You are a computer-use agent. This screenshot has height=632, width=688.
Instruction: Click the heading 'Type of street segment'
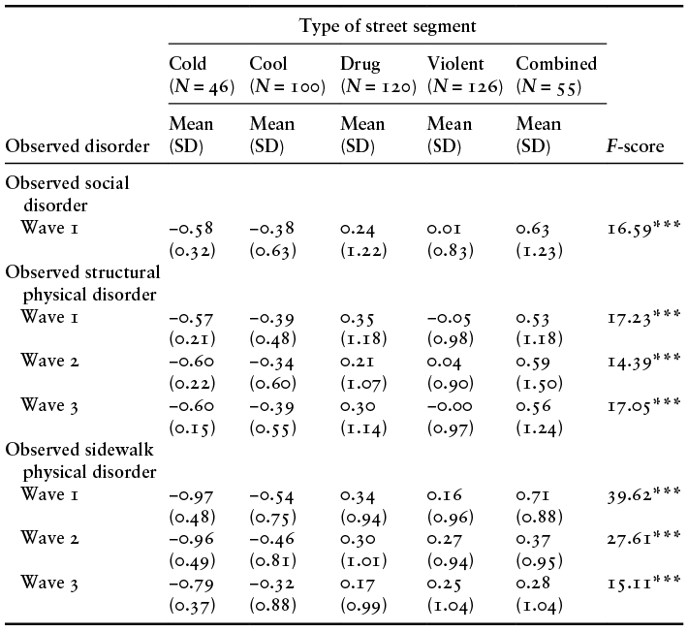(x=388, y=26)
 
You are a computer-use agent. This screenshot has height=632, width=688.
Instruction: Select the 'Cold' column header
(x=187, y=64)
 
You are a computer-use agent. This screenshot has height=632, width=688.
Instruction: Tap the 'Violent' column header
(x=455, y=64)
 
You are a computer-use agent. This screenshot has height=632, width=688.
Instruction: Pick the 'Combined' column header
(x=556, y=64)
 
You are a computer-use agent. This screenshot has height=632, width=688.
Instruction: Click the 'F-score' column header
(x=636, y=145)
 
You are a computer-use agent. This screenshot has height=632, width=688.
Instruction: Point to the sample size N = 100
(x=288, y=86)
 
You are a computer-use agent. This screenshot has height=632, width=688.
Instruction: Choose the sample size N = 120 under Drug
(x=378, y=86)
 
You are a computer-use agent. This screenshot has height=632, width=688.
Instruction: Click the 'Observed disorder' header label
(x=78, y=145)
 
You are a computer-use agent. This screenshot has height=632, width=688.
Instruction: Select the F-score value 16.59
(x=643, y=228)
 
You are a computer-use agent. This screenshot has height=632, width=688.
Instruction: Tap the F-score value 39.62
(x=643, y=494)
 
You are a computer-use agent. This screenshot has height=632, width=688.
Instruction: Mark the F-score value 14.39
(x=643, y=362)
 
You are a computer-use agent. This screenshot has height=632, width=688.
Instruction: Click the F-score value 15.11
(x=643, y=584)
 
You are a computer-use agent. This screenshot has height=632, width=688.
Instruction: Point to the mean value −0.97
(x=191, y=496)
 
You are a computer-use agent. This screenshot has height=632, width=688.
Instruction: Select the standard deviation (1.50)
(x=539, y=384)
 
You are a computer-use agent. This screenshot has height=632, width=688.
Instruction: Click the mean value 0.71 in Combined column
(x=533, y=496)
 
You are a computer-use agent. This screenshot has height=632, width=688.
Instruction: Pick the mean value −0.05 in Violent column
(x=450, y=318)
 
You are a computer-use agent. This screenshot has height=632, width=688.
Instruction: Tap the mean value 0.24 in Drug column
(x=358, y=229)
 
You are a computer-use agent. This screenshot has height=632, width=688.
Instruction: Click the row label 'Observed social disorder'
(x=67, y=194)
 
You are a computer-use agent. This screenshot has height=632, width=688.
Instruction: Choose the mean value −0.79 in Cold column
(x=191, y=585)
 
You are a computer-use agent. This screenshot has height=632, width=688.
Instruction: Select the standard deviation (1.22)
(x=364, y=251)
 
